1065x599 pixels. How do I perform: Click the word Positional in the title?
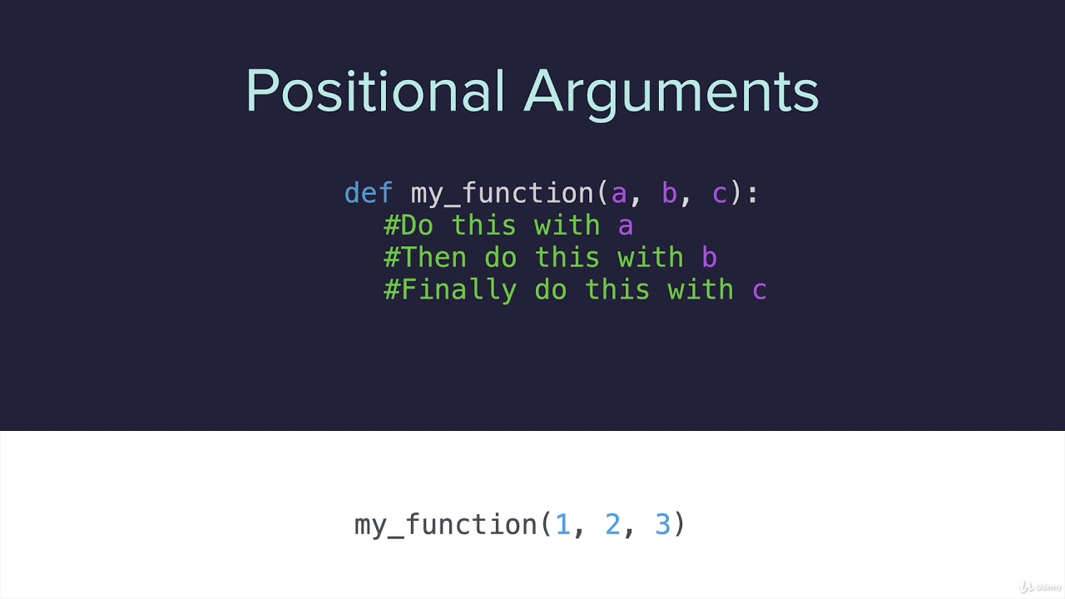pyautogui.click(x=375, y=92)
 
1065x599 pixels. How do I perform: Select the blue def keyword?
pyautogui.click(x=369, y=193)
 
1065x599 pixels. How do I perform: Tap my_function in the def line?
pyautogui.click(x=502, y=194)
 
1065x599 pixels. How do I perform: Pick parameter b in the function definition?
pyautogui.click(x=669, y=193)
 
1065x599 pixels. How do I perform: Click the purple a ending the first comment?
pyautogui.click(x=626, y=226)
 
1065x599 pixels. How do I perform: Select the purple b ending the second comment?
pyautogui.click(x=709, y=258)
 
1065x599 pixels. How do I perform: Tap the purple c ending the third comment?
pyautogui.click(x=759, y=291)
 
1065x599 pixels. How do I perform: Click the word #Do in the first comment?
pyautogui.click(x=409, y=225)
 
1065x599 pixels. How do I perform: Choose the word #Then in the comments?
pyautogui.click(x=425, y=258)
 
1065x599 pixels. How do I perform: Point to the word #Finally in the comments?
pyautogui.click(x=450, y=290)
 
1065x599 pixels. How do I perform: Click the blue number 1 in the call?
pyautogui.click(x=563, y=524)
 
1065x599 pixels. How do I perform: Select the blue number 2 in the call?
pyautogui.click(x=613, y=524)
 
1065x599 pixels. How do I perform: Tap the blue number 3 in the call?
pyautogui.click(x=662, y=524)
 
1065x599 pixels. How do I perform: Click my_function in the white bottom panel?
pyautogui.click(x=447, y=525)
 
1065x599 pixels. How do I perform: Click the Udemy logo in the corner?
pyautogui.click(x=1040, y=587)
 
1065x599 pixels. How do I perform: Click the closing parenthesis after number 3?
pyautogui.click(x=680, y=524)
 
